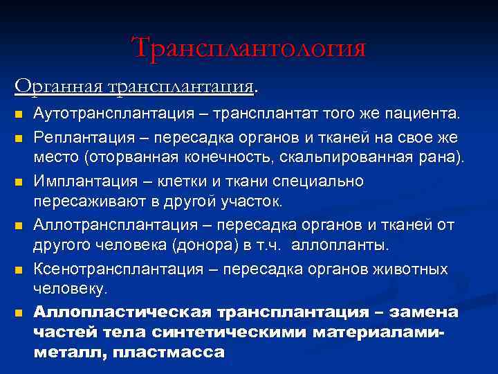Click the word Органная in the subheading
59,87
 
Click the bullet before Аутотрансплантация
19,114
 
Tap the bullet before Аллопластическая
19,313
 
